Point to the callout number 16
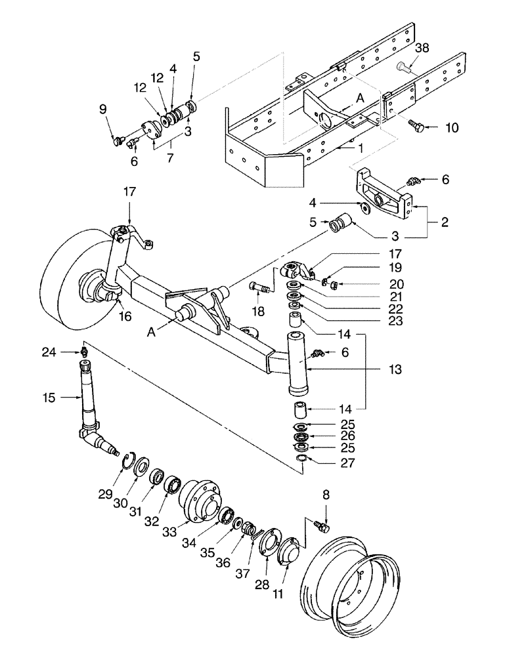[x=124, y=316]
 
